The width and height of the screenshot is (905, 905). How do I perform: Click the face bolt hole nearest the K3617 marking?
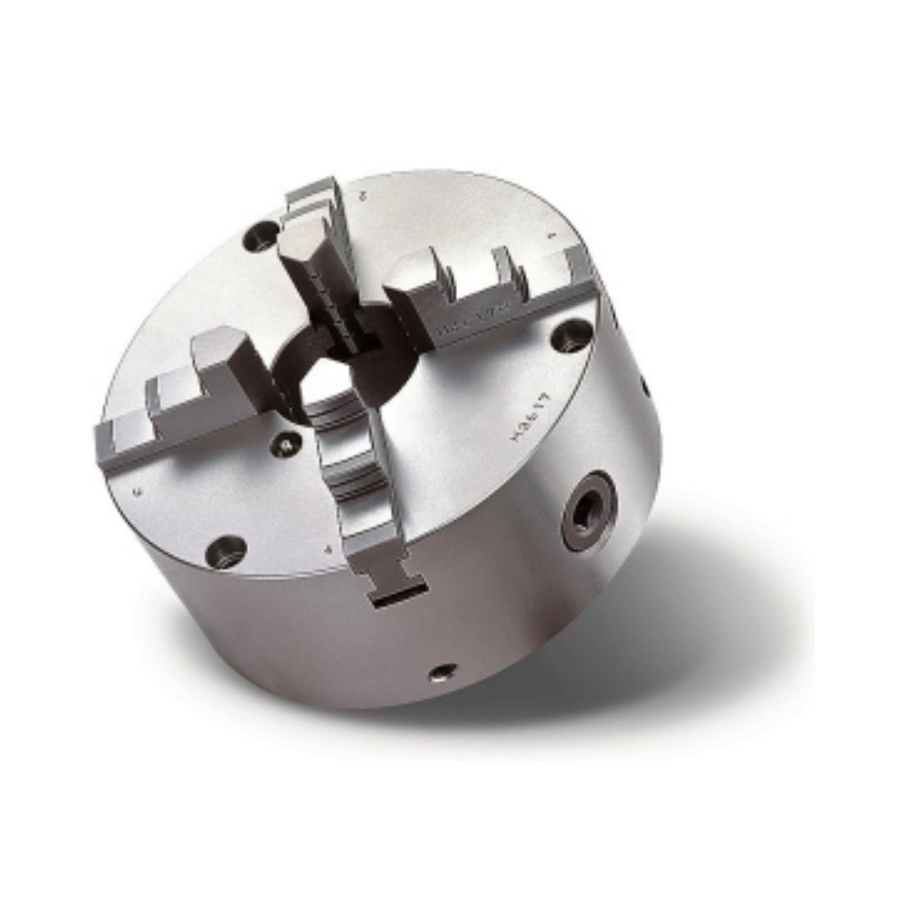572,336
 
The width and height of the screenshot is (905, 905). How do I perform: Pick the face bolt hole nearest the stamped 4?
226,550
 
